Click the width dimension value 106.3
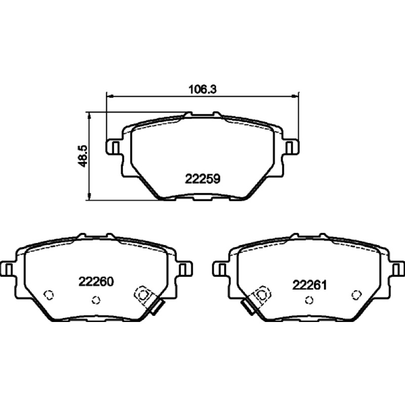click(x=203, y=90)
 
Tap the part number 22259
click(x=202, y=179)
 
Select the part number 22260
click(x=96, y=281)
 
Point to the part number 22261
click(x=310, y=285)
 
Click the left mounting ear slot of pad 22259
click(x=115, y=147)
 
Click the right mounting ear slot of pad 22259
click(x=290, y=147)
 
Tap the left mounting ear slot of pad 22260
click(x=9, y=269)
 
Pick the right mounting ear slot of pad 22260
click(x=183, y=269)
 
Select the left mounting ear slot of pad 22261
click(x=222, y=269)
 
